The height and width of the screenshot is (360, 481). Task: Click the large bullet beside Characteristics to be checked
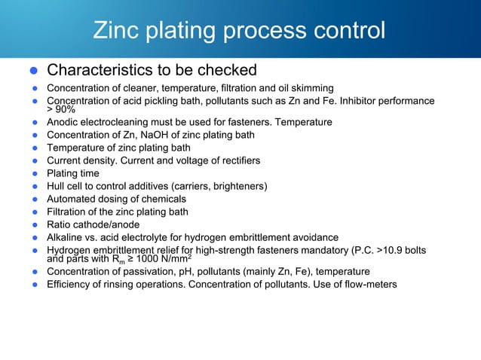pyautogui.click(x=33, y=71)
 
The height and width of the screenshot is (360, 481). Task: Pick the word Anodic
pyautogui.click(x=64, y=121)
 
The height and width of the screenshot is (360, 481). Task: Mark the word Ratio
pyautogui.click(x=60, y=224)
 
